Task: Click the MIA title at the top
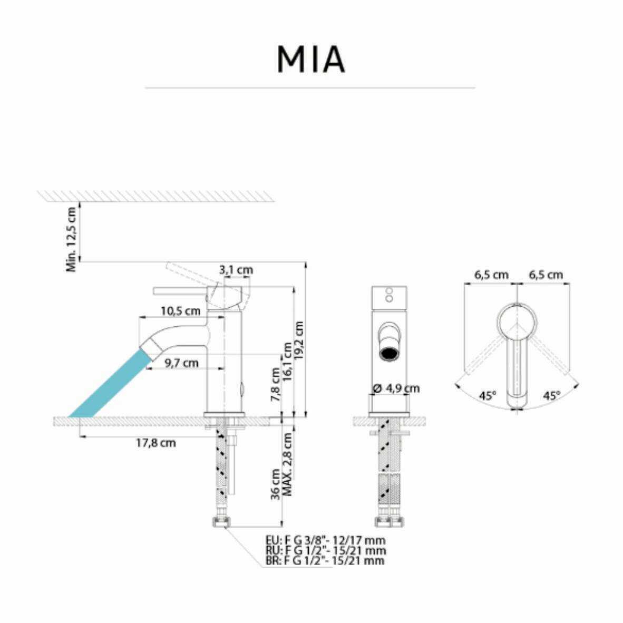pyautogui.click(x=311, y=60)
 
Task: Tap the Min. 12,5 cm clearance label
pyautogui.click(x=72, y=238)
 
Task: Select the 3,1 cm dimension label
pyautogui.click(x=236, y=270)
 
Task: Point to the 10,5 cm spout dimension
pyautogui.click(x=180, y=311)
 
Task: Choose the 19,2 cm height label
pyautogui.click(x=300, y=340)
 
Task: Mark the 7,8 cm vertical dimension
pyautogui.click(x=276, y=385)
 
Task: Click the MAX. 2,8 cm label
pyautogui.click(x=288, y=464)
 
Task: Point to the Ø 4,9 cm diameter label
pyautogui.click(x=396, y=388)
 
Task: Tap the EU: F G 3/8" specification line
pyautogui.click(x=325, y=540)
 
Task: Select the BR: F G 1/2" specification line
pyautogui.click(x=325, y=561)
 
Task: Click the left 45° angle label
pyautogui.click(x=488, y=395)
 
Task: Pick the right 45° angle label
pyautogui.click(x=551, y=395)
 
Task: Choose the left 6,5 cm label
pyautogui.click(x=491, y=275)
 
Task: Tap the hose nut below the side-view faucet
pyautogui.click(x=221, y=522)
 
